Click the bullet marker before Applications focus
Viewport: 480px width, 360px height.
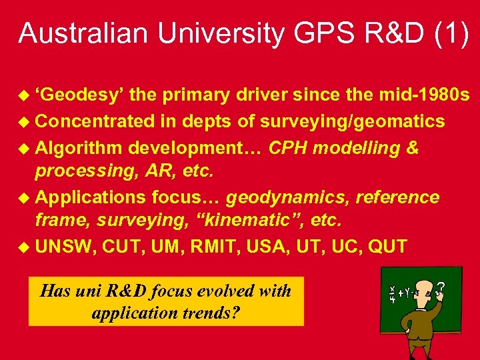tap(25, 198)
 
